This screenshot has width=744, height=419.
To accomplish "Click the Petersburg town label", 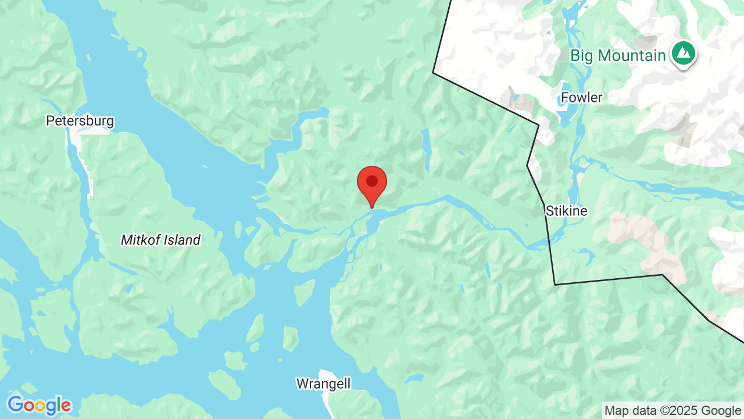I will coord(80,121).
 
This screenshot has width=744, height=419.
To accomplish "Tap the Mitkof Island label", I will coord(160,240).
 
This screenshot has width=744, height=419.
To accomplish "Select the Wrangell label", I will coord(323,384).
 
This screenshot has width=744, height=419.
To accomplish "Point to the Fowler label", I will coord(582,97).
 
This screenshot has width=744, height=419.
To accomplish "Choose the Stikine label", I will coord(566,211).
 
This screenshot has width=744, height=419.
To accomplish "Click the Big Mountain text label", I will coord(617,56).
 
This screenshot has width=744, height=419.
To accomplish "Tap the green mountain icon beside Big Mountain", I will coord(684,54).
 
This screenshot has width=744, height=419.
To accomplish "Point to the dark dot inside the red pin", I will coord(372,181).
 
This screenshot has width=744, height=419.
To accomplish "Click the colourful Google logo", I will coord(39,405).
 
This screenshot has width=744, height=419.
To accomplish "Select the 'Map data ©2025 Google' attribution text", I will coord(673,410).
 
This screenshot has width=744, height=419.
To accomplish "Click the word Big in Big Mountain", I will coord(582,56).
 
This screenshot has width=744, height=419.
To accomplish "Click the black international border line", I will coord(485,98).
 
